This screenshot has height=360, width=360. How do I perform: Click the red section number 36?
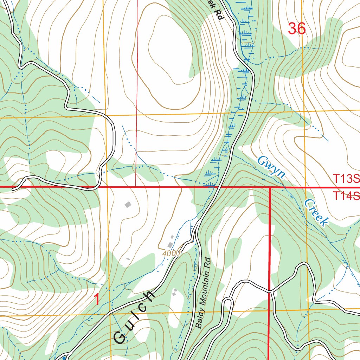pyautogui.click(x=297, y=29)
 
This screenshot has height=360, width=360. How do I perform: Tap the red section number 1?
pyautogui.click(x=97, y=300)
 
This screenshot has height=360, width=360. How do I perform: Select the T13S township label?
pyautogui.click(x=346, y=179)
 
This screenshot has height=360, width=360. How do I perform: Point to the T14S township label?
pyautogui.click(x=346, y=195)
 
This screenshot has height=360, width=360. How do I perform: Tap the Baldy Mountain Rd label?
pyautogui.click(x=203, y=293)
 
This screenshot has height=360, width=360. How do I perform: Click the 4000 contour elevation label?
pyautogui.click(x=171, y=253)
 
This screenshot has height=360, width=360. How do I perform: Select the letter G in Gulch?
pyautogui.click(x=120, y=338)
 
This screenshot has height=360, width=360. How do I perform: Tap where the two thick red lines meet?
pyautogui.click(x=270, y=187)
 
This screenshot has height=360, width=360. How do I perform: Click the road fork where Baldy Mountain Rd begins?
pyautogui.click(x=195, y=240)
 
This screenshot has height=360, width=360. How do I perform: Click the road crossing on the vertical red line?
pyautogui.click(x=270, y=291)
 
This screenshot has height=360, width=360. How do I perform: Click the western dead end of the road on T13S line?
pyautogui.click(x=13, y=189)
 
